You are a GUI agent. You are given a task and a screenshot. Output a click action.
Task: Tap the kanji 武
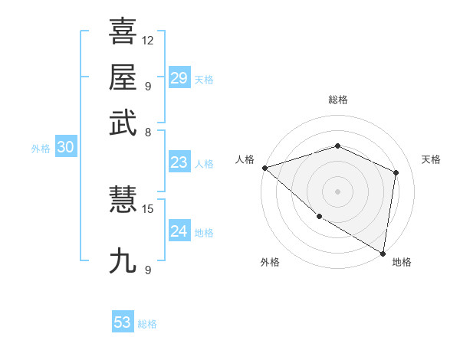(x=123, y=123)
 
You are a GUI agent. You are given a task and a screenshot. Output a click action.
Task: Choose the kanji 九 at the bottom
(x=123, y=260)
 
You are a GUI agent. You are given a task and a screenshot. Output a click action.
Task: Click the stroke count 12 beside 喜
(x=148, y=40)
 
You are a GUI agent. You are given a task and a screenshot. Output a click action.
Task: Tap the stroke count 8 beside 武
(x=148, y=132)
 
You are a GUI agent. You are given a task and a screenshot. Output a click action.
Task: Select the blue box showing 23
(x=179, y=162)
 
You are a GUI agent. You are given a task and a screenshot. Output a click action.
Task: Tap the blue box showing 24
(x=179, y=231)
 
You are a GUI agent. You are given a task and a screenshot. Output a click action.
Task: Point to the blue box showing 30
(x=65, y=148)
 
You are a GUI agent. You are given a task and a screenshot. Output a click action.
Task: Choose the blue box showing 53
(x=123, y=322)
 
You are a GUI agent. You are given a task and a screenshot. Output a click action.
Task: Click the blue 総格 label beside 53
(x=147, y=324)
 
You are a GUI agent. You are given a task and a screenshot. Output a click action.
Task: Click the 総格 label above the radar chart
(x=337, y=100)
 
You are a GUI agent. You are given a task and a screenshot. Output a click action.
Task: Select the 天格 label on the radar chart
(x=431, y=159)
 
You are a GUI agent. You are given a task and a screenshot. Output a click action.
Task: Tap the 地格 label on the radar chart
(x=402, y=263)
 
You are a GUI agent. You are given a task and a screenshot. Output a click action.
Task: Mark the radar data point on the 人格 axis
(x=264, y=168)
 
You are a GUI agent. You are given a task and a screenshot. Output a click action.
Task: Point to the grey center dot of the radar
(x=337, y=191)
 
